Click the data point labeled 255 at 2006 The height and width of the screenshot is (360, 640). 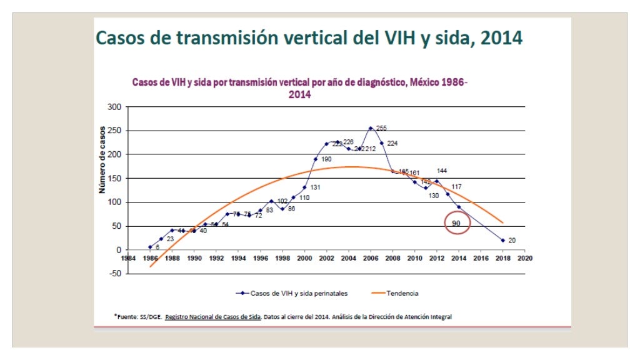click(x=371, y=128)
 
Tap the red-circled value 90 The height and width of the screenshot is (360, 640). click(x=456, y=223)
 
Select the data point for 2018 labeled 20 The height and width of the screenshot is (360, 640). click(x=502, y=240)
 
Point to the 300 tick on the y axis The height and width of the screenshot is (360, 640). click(x=113, y=107)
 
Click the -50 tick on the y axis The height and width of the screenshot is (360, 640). click(x=114, y=274)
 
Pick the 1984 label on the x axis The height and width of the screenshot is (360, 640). click(x=128, y=257)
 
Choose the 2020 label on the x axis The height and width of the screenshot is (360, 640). click(x=524, y=257)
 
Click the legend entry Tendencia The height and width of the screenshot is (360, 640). click(x=403, y=293)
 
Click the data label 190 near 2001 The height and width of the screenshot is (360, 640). click(x=326, y=159)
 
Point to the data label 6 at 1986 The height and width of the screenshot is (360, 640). click(x=157, y=247)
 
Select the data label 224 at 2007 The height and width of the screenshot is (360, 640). click(x=392, y=143)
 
